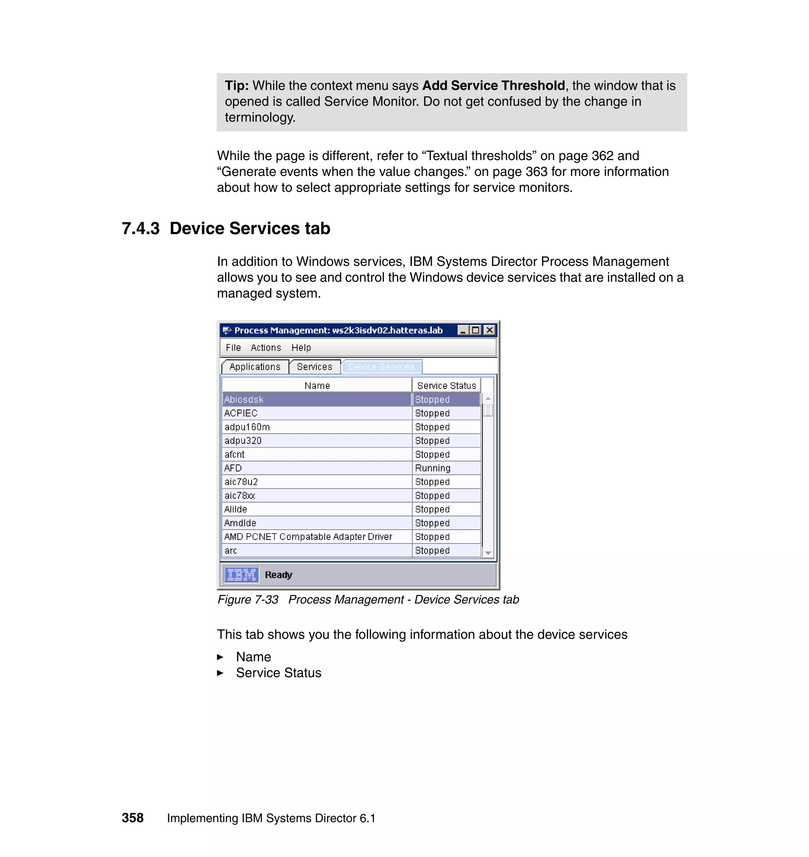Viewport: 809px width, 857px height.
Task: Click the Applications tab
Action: point(254,367)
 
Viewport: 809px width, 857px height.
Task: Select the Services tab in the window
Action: point(314,367)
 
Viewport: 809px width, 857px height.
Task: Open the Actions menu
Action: point(265,348)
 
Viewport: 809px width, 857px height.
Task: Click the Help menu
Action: point(301,348)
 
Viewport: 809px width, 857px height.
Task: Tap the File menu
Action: point(233,348)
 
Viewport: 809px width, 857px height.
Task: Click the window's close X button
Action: point(489,330)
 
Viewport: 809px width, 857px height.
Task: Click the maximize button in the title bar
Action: point(476,330)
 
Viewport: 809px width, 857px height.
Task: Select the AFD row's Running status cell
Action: point(433,468)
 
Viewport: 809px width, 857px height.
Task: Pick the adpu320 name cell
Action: point(243,441)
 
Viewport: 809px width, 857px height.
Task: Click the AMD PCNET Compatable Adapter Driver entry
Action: point(308,537)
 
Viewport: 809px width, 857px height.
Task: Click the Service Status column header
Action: point(446,386)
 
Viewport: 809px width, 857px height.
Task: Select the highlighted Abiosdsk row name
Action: point(244,400)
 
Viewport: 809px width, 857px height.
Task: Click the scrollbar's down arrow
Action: point(488,553)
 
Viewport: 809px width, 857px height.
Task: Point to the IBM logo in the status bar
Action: point(241,575)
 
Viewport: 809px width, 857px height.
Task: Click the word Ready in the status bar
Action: point(278,575)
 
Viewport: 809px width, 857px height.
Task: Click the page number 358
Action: point(132,818)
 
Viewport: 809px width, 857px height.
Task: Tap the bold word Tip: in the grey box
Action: point(237,85)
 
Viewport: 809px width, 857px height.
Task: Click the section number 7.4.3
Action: point(141,228)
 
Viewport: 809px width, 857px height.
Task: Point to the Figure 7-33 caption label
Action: point(248,599)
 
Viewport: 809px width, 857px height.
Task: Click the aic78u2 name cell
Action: point(241,482)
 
